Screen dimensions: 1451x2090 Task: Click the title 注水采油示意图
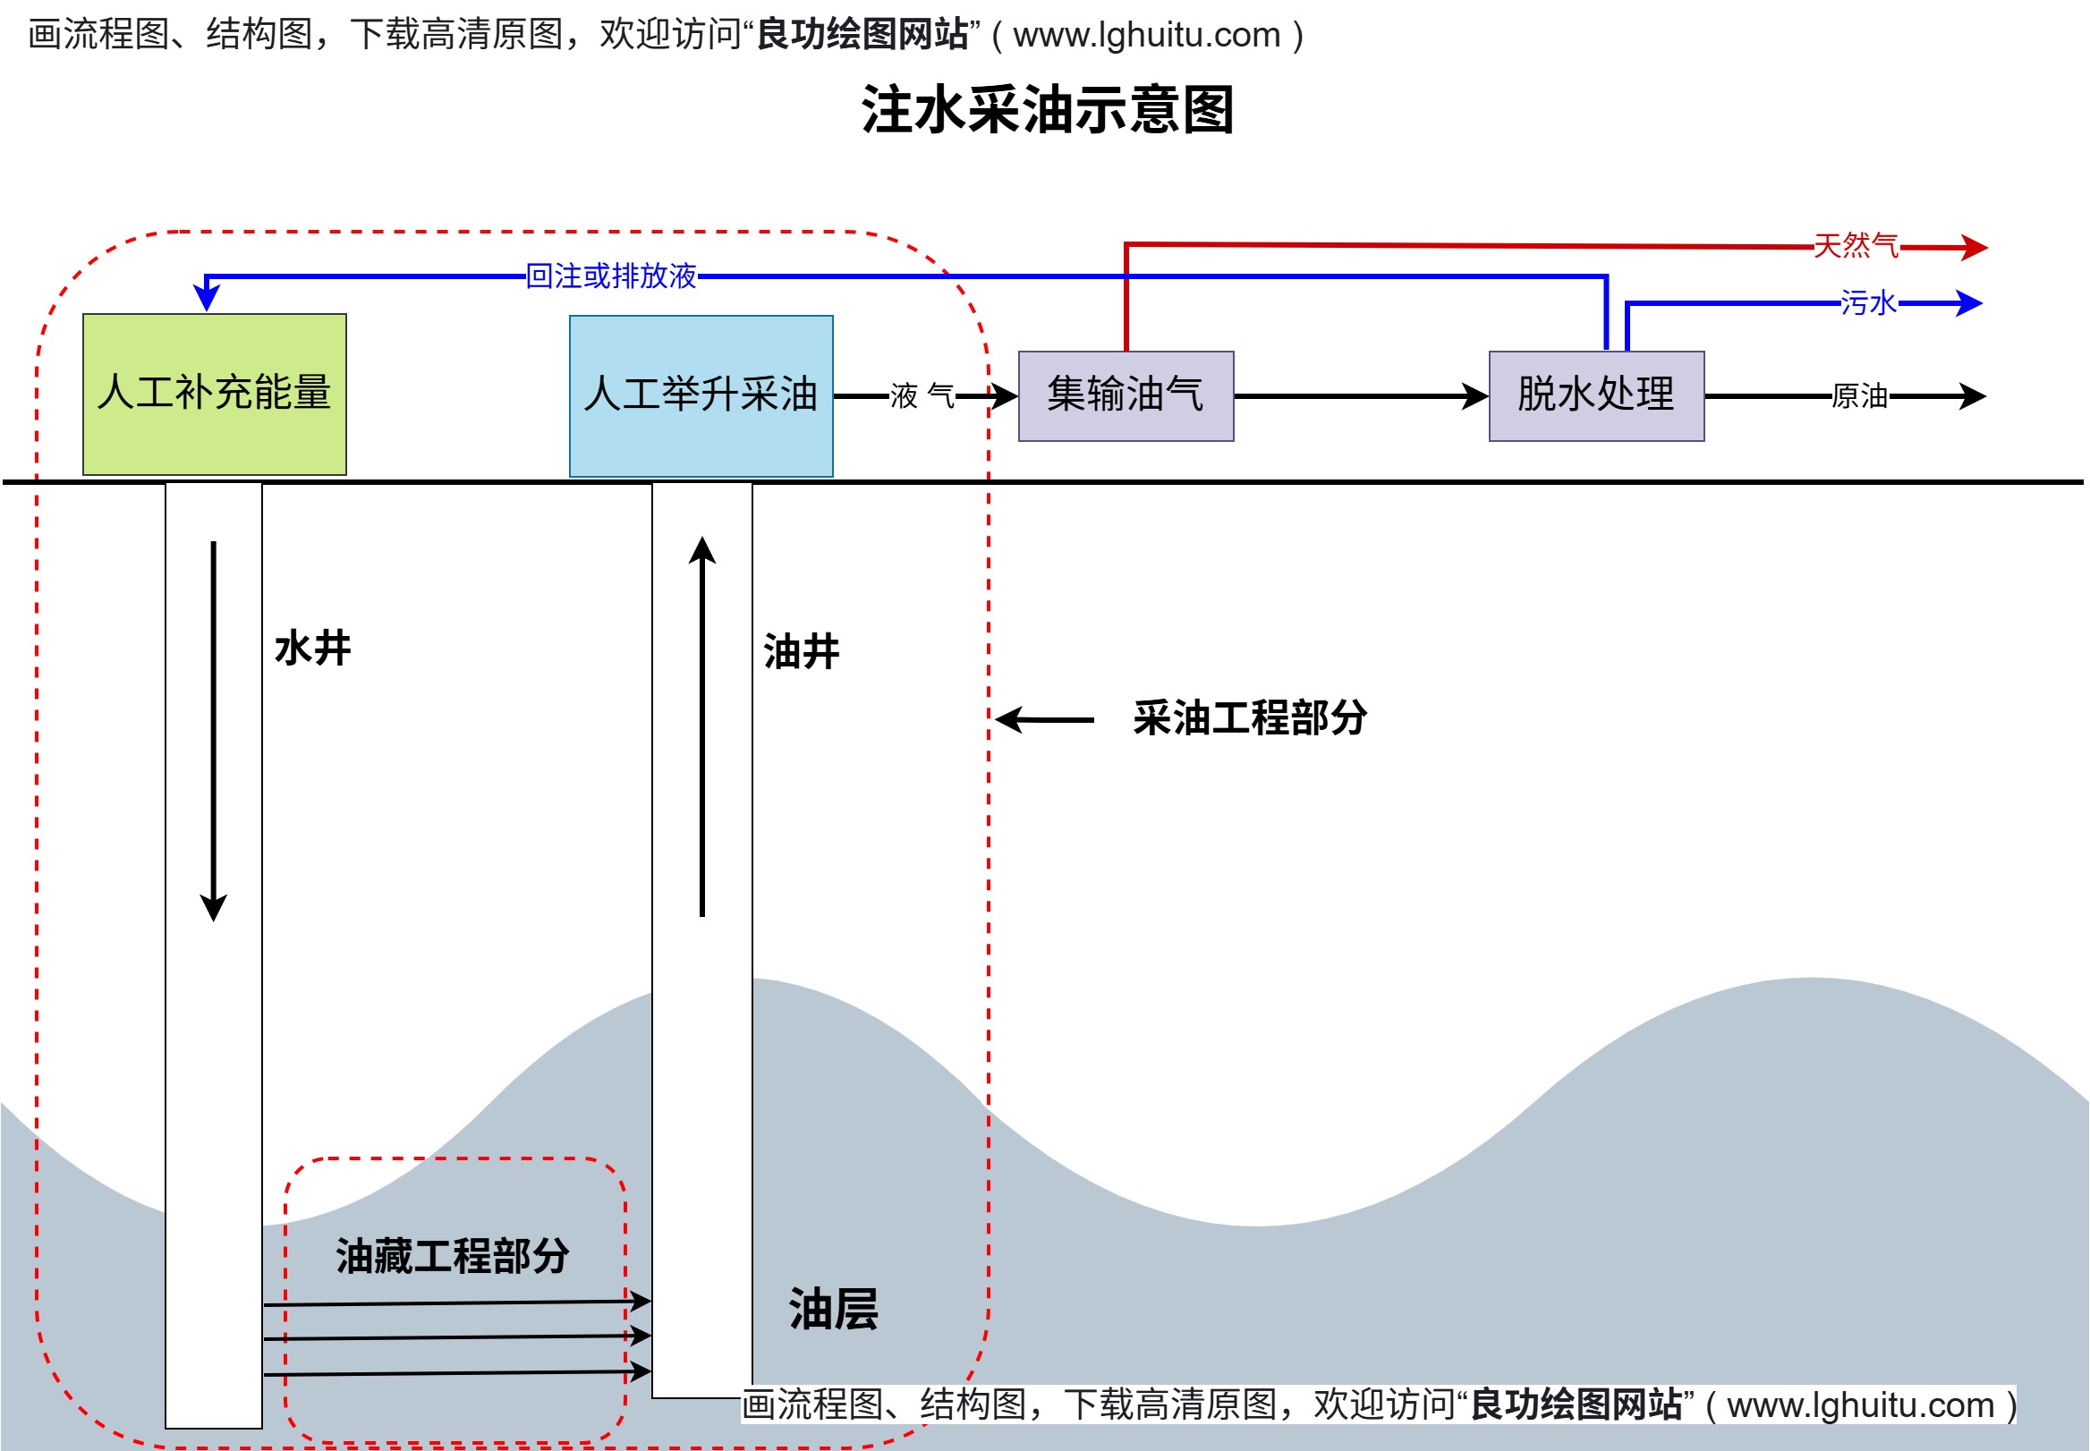(x=1047, y=110)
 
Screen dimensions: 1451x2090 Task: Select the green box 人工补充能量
(x=215, y=394)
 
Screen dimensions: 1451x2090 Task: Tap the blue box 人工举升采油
(x=701, y=395)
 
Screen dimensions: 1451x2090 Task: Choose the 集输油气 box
(x=1126, y=395)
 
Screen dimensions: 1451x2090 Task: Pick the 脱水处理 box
(x=1595, y=395)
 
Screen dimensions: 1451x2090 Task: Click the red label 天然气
(x=1856, y=245)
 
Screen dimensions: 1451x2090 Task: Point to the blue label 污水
(x=1867, y=302)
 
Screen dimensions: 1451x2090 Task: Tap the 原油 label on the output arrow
(x=1859, y=396)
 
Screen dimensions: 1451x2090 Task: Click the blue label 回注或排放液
(x=611, y=276)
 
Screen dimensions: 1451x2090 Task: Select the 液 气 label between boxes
(x=922, y=396)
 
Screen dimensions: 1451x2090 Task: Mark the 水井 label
(x=313, y=649)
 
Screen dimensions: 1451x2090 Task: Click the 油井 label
(x=801, y=651)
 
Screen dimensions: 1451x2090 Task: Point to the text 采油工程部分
(x=1250, y=717)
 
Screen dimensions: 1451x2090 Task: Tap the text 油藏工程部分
(x=453, y=1255)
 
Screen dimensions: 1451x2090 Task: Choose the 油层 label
(x=834, y=1309)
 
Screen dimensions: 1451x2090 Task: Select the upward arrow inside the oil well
(x=701, y=726)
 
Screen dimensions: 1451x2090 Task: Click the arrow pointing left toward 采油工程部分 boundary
(x=1043, y=719)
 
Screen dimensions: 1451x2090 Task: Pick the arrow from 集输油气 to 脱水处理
(x=1360, y=396)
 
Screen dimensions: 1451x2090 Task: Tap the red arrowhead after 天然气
(x=1973, y=247)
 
